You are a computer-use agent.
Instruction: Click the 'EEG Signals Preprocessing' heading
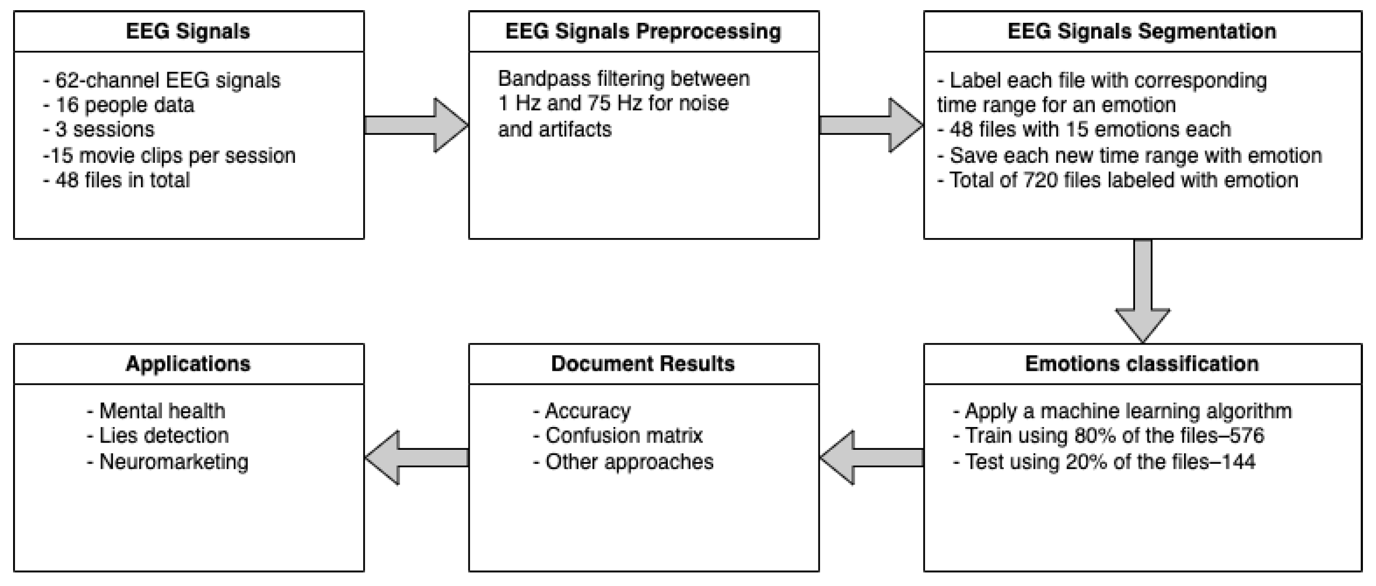(x=643, y=32)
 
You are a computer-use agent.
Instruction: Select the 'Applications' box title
(x=188, y=364)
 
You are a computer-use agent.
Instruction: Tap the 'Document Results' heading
(x=643, y=364)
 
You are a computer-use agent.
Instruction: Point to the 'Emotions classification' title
(x=1142, y=364)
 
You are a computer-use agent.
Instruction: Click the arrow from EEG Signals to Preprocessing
(x=416, y=126)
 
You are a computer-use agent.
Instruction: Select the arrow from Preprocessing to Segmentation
(x=871, y=126)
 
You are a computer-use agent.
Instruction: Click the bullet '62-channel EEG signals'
(x=167, y=80)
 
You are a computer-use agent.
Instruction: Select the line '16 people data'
(x=124, y=105)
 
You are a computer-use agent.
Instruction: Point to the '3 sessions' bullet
(x=105, y=130)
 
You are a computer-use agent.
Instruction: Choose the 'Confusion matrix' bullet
(x=623, y=436)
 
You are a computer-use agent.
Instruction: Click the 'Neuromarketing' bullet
(x=173, y=462)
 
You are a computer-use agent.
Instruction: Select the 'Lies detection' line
(x=163, y=436)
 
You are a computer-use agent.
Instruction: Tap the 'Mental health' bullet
(x=161, y=412)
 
